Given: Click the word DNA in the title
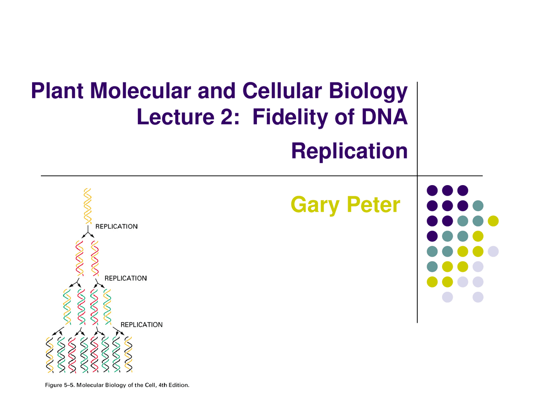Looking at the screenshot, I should point(384,117).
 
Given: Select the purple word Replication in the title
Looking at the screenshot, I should point(349,151).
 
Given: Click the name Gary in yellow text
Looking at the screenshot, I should point(315,205).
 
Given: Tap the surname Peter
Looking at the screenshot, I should point(373,205).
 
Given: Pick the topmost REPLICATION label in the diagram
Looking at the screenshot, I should point(116,226).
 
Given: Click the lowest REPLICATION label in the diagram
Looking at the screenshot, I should point(141,325).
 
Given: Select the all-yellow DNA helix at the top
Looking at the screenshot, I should point(88,205).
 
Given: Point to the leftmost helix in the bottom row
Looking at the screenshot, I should point(50,355).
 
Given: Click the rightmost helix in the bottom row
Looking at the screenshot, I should point(128,355).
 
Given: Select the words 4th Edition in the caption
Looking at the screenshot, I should point(174,385).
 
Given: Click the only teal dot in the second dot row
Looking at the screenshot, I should point(478,206).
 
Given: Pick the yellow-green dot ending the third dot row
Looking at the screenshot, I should point(493,221).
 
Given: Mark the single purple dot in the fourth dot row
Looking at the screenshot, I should point(432,236).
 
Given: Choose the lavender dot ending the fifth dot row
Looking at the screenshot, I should point(493,251).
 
